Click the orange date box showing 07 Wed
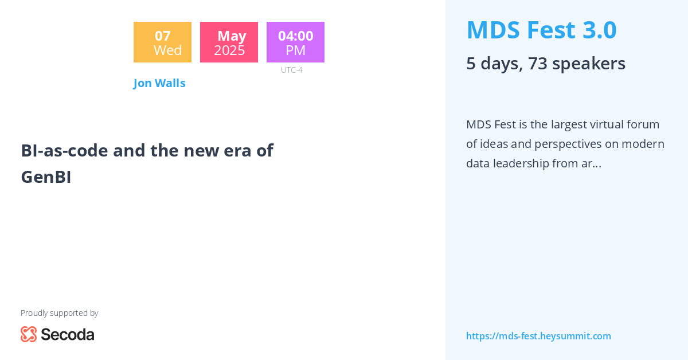pos(162,42)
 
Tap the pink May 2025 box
pos(229,42)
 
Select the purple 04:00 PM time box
pos(295,42)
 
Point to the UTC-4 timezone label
pos(291,70)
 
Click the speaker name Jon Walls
pos(159,83)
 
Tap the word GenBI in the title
pos(46,177)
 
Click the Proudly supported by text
pos(59,313)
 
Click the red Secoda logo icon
pos(29,334)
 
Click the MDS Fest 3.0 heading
pos(541,30)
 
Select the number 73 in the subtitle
pos(538,63)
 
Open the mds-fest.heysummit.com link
pos(538,336)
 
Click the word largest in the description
pos(567,124)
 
